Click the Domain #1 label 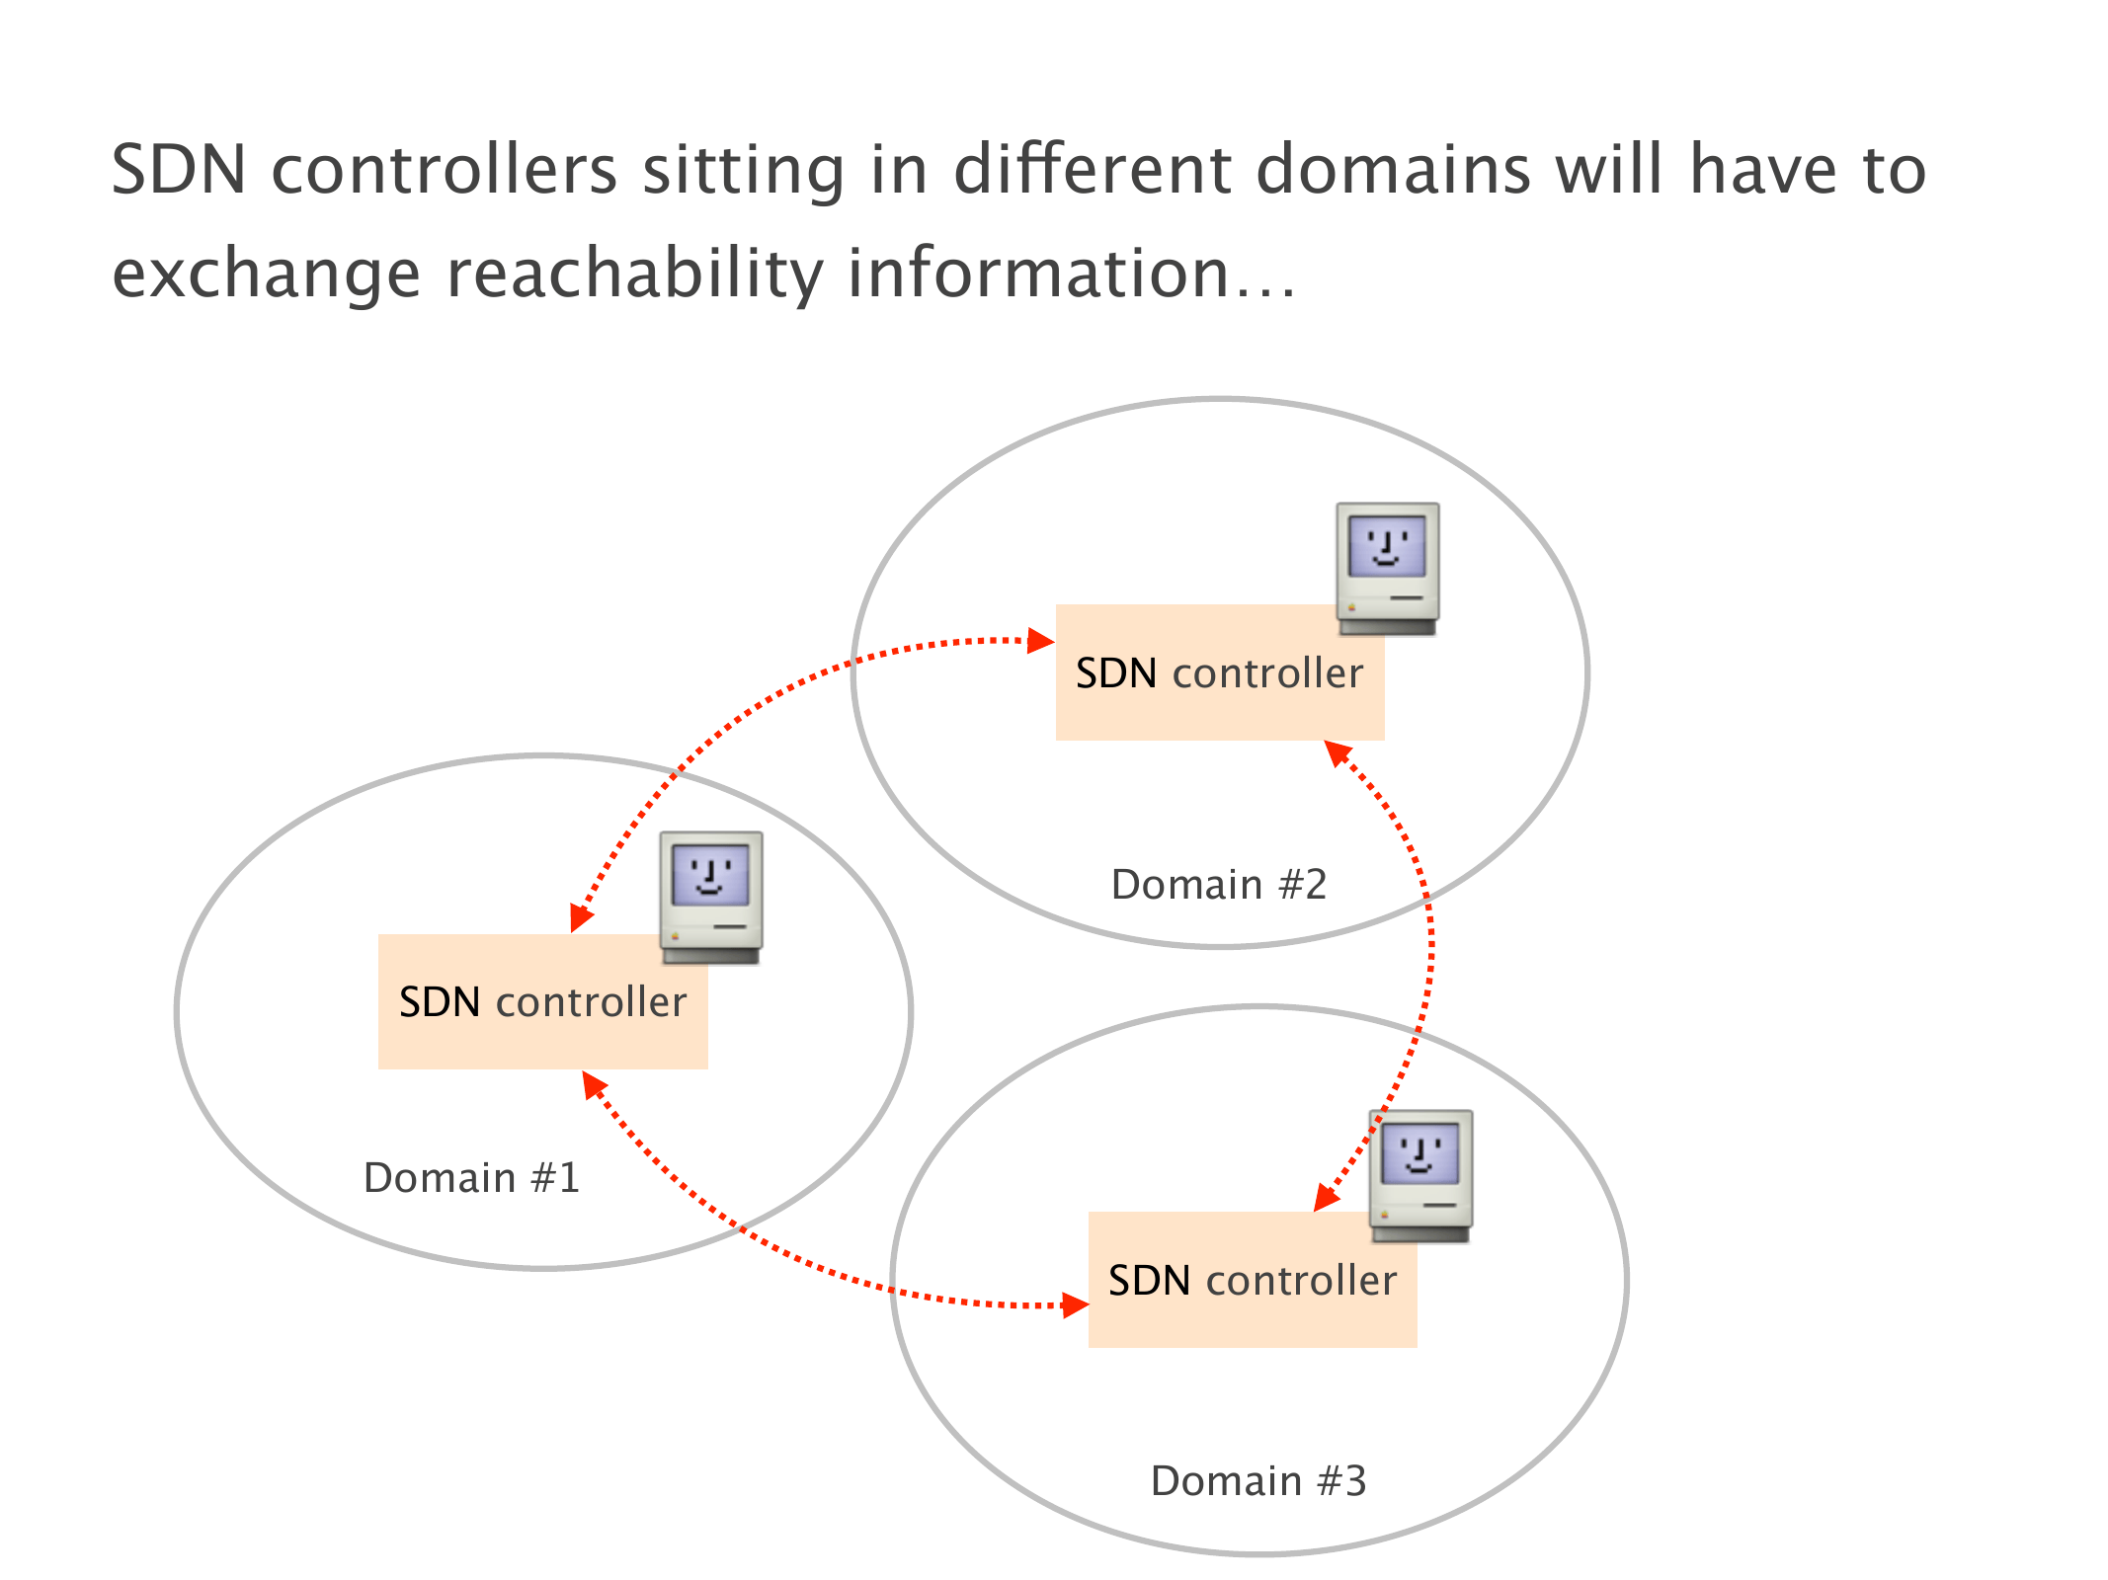coord(471,1177)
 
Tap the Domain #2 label coord(1219,884)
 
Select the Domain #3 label coord(1258,1480)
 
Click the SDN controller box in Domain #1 coord(542,1001)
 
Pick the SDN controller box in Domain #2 coord(1219,672)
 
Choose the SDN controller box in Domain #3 coord(1252,1280)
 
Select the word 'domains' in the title coord(1393,170)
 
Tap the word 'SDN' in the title coord(179,170)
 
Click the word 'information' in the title coord(1037,274)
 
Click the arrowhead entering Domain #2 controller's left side coord(1041,641)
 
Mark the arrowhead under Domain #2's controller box coord(1337,752)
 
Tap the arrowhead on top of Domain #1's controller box coord(581,918)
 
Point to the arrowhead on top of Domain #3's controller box coord(1326,1197)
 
